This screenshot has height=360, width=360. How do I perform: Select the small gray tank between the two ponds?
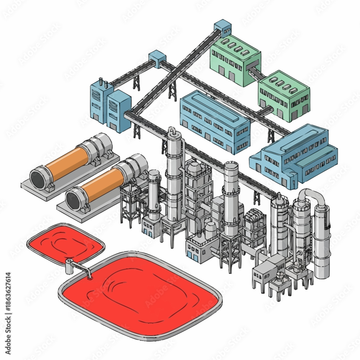tap(68, 266)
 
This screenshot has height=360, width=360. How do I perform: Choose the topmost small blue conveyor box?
tap(222, 27)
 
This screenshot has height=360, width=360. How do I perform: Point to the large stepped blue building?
tap(295, 155)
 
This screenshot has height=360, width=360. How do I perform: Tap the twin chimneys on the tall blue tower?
tap(102, 84)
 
